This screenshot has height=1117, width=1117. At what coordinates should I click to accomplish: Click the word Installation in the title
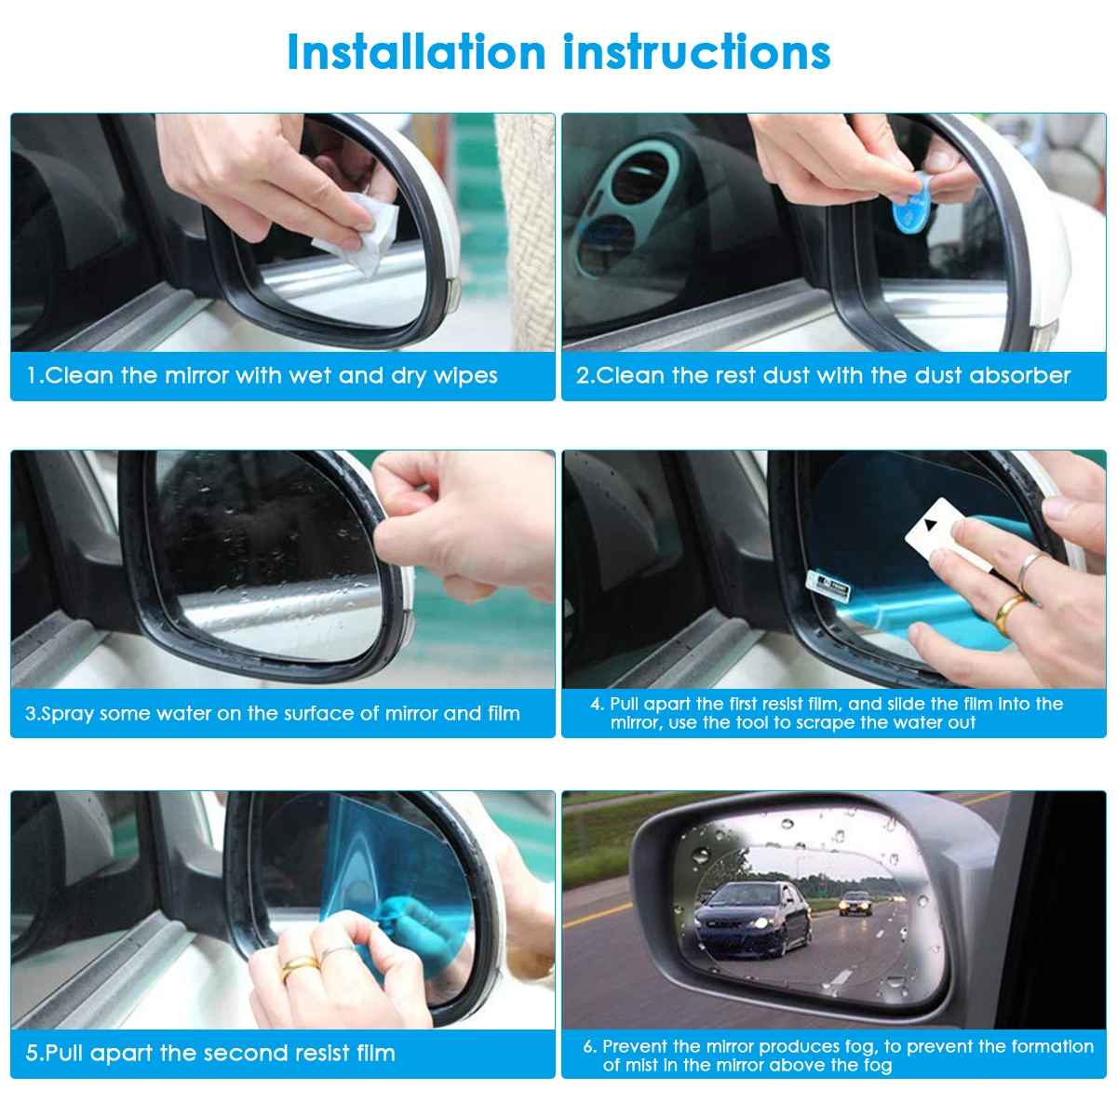coord(416,52)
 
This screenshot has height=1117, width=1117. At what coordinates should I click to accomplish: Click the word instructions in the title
coord(697,52)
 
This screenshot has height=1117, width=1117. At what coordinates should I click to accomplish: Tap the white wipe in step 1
coord(357,232)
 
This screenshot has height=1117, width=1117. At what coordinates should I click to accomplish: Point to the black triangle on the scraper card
coord(932,526)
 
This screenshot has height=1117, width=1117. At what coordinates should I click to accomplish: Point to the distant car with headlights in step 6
coord(855,903)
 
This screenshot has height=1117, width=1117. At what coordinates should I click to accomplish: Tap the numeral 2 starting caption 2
coord(583,376)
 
